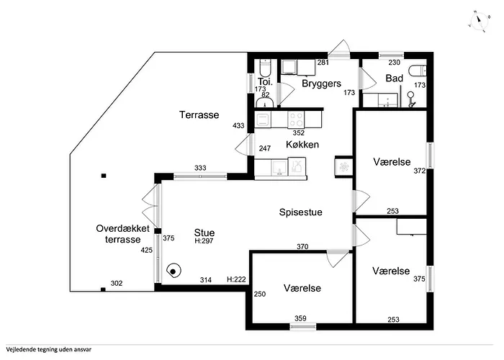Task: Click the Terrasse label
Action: pyautogui.click(x=199, y=114)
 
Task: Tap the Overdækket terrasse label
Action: pyautogui.click(x=122, y=234)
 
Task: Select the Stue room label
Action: pyautogui.click(x=204, y=233)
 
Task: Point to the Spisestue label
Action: pyautogui.click(x=300, y=212)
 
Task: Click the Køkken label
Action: pyautogui.click(x=302, y=144)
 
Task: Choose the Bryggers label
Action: pyautogui.click(x=320, y=84)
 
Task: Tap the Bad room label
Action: pyautogui.click(x=394, y=78)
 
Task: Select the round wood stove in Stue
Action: pyautogui.click(x=174, y=271)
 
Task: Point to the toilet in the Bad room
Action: pyautogui.click(x=418, y=71)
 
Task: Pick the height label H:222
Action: pyautogui.click(x=236, y=279)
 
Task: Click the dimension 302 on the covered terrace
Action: pyautogui.click(x=115, y=284)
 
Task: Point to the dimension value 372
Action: pyautogui.click(x=419, y=171)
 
